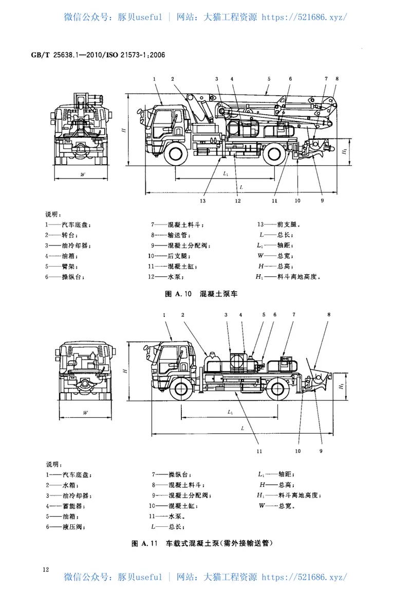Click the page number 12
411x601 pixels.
point(46,569)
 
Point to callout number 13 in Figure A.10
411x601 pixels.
point(203,201)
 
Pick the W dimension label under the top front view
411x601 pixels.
point(82,174)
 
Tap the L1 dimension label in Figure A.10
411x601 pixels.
point(227,174)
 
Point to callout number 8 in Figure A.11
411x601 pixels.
point(329,313)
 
